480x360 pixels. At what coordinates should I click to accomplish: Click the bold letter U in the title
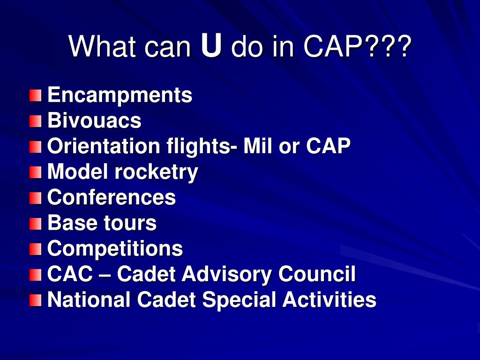(211, 46)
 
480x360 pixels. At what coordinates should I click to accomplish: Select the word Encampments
(120, 96)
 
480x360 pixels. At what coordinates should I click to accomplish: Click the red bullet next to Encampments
(35, 96)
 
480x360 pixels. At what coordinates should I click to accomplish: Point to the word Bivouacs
(94, 121)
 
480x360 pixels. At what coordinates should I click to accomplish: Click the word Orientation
(104, 147)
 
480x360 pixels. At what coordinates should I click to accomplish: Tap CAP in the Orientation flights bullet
(328, 147)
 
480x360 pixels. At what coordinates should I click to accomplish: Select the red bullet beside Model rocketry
(35, 173)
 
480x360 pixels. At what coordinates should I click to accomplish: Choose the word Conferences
(112, 198)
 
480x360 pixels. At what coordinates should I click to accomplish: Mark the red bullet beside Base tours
(35, 224)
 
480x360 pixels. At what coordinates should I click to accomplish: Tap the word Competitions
(115, 249)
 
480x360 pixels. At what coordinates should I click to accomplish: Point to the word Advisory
(227, 274)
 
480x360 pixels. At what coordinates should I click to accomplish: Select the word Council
(317, 274)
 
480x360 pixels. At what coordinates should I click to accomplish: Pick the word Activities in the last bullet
(329, 300)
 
